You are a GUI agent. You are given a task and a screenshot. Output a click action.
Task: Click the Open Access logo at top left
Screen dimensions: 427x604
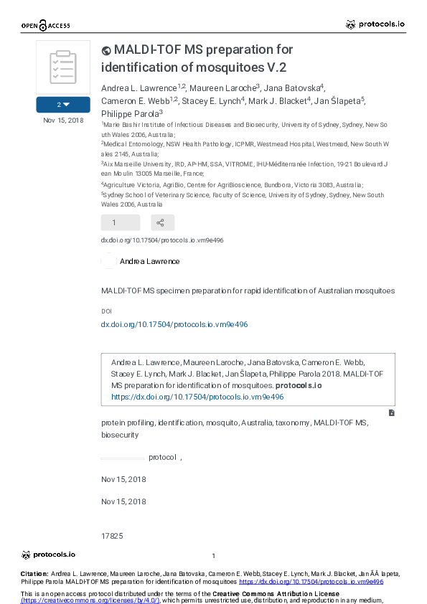pos(45,26)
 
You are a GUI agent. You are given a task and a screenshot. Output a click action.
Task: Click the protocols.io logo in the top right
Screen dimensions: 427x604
pos(375,24)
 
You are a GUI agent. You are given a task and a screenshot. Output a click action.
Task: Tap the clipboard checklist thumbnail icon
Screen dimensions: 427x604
pos(63,67)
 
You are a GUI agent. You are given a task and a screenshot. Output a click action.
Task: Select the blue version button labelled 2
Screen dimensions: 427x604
pos(63,105)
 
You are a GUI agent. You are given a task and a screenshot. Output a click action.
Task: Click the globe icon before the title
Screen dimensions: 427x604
pos(106,50)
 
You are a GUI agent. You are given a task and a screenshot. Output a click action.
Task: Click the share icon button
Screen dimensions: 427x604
pos(161,222)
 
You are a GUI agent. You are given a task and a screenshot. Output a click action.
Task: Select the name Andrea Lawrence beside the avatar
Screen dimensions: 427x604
pos(149,261)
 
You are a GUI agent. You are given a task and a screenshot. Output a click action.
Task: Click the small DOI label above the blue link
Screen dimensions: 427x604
pos(106,311)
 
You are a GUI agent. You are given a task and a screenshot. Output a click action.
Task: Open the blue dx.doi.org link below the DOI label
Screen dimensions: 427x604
pos(174,324)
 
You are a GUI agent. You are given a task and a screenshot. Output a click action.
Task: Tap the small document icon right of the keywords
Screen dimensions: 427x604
pos(391,413)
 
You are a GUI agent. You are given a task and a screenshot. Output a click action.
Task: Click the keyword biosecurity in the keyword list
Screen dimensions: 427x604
pos(119,435)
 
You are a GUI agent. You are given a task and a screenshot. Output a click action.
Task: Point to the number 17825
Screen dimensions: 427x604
pos(113,536)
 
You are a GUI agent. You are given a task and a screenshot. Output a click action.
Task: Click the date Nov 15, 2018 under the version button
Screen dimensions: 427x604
pos(63,120)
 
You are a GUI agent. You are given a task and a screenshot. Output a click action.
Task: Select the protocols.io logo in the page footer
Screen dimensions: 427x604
pos(48,555)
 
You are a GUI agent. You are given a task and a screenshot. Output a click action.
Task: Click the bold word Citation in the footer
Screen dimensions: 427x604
pos(34,574)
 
